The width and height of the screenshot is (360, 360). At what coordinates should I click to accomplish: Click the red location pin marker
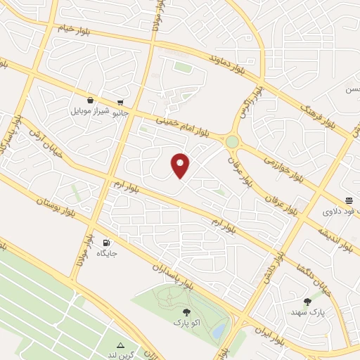pos(181,165)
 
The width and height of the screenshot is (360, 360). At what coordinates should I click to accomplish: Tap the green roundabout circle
pos(232,142)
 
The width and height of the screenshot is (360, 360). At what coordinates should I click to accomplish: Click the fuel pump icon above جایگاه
pos(106,241)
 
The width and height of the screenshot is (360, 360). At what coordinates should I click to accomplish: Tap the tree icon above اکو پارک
pos(186,311)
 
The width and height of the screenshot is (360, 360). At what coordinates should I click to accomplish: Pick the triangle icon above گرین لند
pos(121,345)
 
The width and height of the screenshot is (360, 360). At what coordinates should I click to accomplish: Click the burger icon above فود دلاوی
pos(349,200)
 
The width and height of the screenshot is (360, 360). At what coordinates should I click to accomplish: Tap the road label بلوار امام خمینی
pos(185,124)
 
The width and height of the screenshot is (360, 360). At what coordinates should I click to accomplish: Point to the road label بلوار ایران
pos(271,337)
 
